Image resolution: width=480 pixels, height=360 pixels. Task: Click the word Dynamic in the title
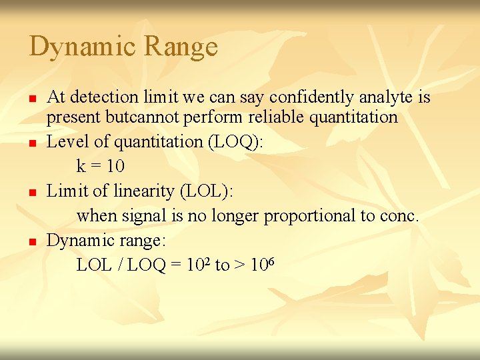click(x=83, y=47)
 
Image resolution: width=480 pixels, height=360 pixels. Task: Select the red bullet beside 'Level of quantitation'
click(x=31, y=143)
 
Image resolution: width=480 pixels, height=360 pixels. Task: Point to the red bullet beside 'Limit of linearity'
click(x=31, y=192)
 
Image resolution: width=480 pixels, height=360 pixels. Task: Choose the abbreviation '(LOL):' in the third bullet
click(x=207, y=191)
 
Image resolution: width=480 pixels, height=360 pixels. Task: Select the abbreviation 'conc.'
click(x=401, y=216)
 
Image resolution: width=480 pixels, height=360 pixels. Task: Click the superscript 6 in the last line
click(x=271, y=261)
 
